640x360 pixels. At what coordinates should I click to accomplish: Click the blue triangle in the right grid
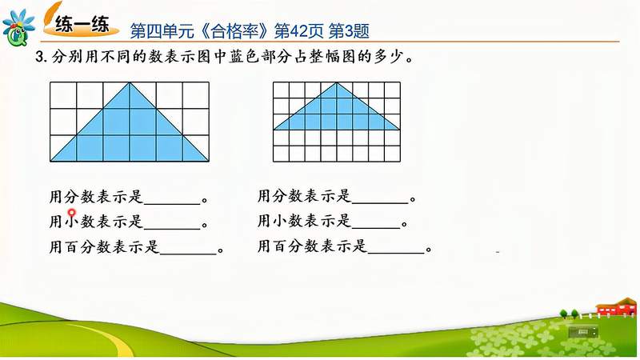click(337, 112)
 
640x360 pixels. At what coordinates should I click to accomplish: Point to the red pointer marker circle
click(72, 214)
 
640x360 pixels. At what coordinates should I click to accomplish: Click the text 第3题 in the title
click(350, 30)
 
